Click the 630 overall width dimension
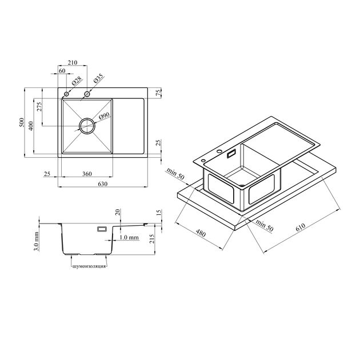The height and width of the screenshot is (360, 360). [x=103, y=184]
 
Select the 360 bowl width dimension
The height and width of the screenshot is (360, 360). [x=87, y=174]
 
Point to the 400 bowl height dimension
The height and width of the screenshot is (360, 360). [x=31, y=125]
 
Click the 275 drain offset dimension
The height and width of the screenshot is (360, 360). [x=39, y=107]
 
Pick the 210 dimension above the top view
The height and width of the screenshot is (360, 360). [x=73, y=62]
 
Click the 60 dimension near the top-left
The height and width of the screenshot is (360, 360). [x=62, y=71]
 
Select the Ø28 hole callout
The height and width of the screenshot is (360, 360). [x=77, y=81]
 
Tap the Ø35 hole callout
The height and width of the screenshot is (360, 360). [x=98, y=79]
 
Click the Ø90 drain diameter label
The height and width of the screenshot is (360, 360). [x=104, y=117]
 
